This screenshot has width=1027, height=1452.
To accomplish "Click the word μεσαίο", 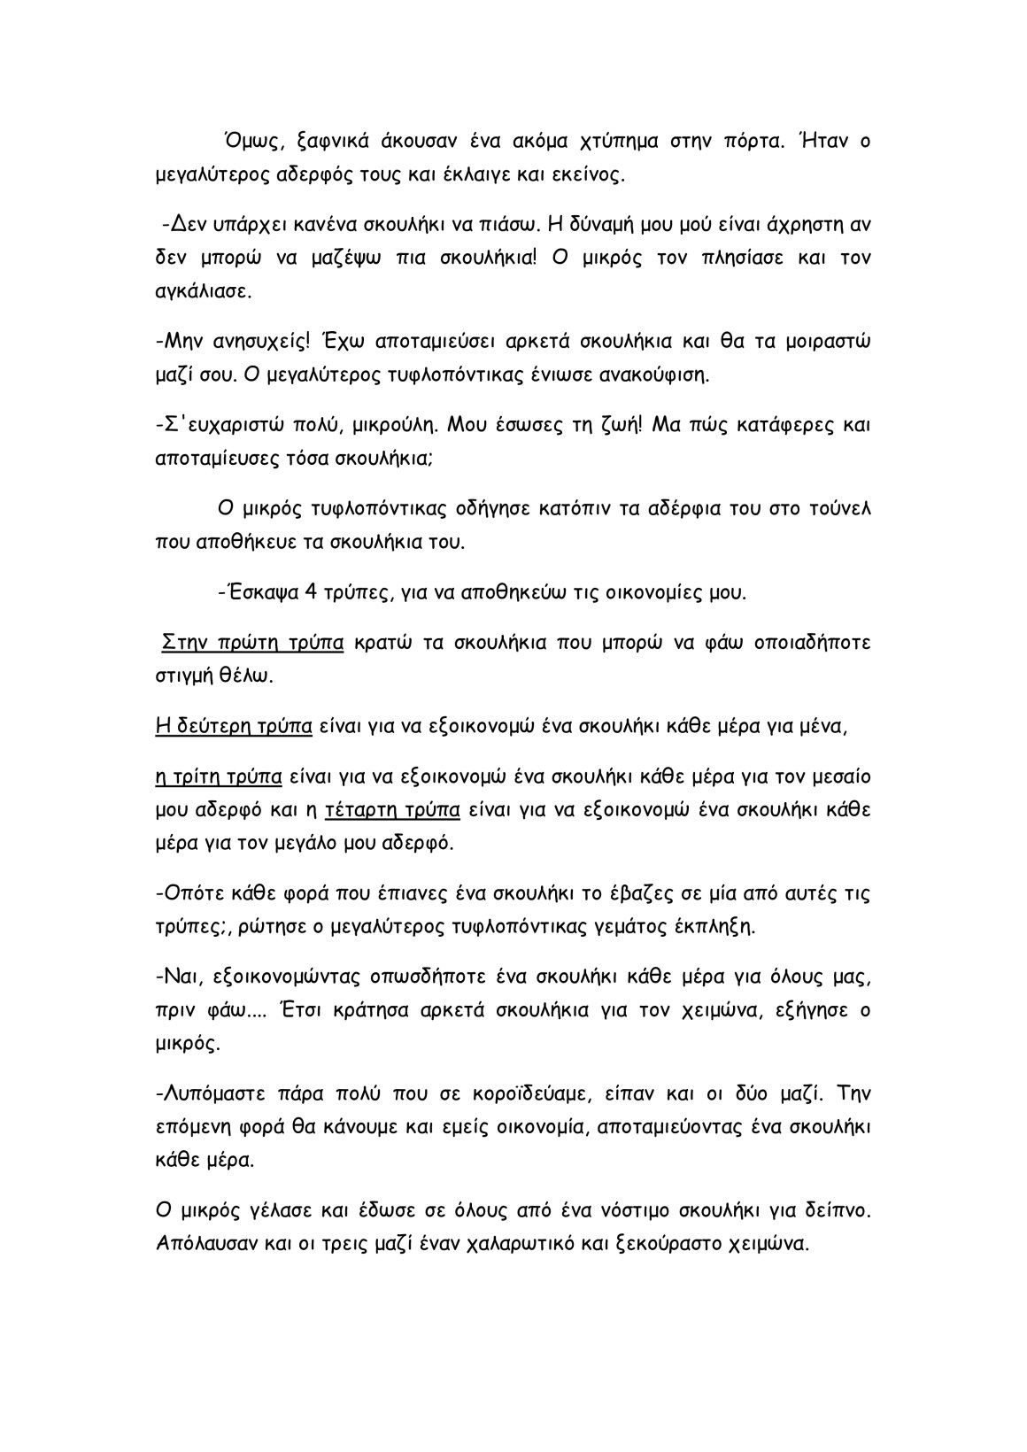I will [837, 777].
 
